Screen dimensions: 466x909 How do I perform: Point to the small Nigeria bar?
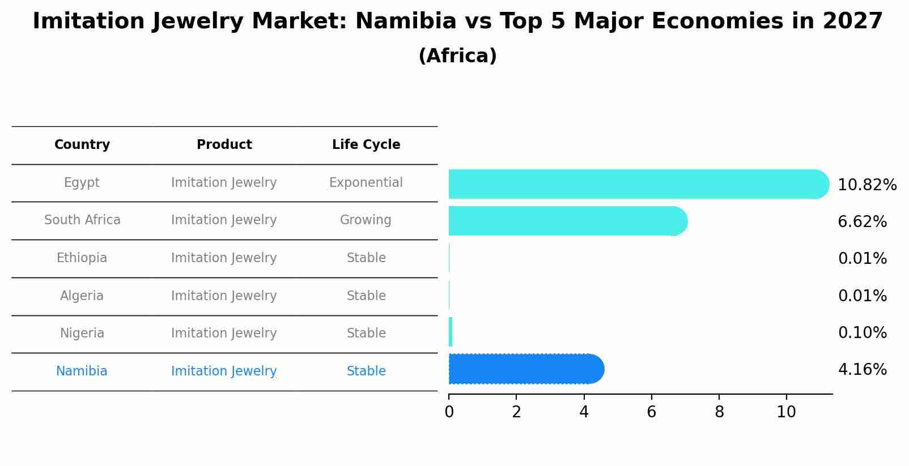pos(451,332)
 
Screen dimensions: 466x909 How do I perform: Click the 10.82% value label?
pos(866,185)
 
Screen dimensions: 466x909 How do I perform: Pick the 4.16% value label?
pos(862,370)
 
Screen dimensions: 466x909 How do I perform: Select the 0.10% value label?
pos(862,333)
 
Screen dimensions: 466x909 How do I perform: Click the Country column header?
pos(82,145)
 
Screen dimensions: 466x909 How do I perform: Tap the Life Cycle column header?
pos(366,145)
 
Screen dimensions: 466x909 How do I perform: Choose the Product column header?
pos(224,145)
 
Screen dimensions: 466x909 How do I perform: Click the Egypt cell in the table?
pos(82,183)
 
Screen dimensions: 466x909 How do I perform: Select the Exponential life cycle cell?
pos(366,183)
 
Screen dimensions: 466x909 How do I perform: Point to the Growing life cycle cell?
pos(366,220)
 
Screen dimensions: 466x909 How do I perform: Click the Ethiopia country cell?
pos(82,258)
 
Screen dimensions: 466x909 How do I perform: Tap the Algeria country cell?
pos(82,296)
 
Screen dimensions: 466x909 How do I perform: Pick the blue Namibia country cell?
pos(82,371)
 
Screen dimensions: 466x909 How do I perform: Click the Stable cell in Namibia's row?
pos(366,371)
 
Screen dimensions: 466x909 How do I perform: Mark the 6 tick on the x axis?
pos(651,412)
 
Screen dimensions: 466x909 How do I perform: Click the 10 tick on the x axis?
pos(786,412)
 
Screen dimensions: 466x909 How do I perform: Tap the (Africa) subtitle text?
pos(457,56)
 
